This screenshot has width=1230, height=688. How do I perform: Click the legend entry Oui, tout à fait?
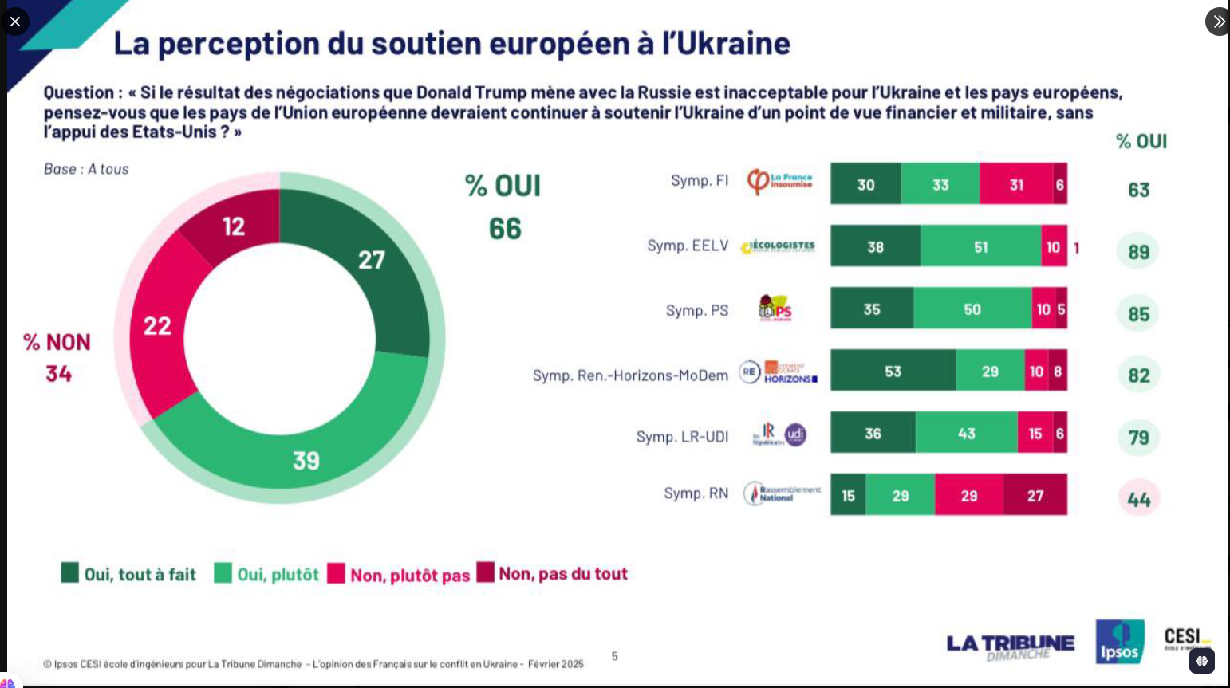(128, 574)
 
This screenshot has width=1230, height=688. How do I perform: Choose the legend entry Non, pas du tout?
(552, 573)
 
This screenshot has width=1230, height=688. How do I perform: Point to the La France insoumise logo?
(779, 182)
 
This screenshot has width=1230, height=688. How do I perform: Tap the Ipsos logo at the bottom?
(1120, 642)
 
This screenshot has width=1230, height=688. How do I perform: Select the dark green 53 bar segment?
(893, 371)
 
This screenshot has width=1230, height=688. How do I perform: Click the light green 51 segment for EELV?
(980, 246)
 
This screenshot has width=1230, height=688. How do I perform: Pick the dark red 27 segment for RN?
(1035, 495)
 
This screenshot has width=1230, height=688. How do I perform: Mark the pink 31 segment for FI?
(1015, 184)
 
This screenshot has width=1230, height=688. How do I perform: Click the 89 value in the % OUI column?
(1138, 252)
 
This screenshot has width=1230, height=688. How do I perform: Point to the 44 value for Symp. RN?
(1138, 499)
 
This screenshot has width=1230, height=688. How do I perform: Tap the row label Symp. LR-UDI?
(682, 436)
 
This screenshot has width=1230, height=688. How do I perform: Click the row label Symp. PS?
(696, 310)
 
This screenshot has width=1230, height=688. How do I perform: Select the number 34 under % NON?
(58, 373)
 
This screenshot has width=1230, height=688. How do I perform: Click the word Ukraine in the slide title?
(734, 42)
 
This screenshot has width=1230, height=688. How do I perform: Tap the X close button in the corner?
(14, 21)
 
